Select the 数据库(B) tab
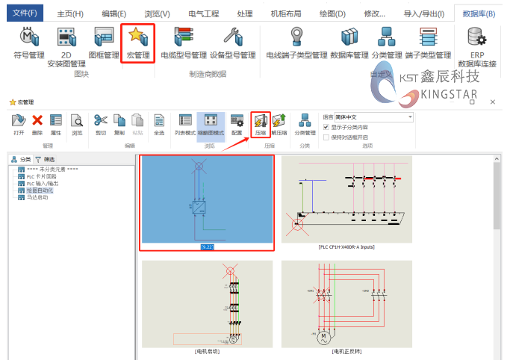479,13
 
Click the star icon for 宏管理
137,37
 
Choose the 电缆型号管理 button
183,37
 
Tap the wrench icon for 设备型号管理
232,37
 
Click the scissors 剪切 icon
101,120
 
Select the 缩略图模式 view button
211,120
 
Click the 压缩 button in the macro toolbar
261,120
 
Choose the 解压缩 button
279,120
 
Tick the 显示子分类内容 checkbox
326,128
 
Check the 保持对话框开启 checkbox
326,137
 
